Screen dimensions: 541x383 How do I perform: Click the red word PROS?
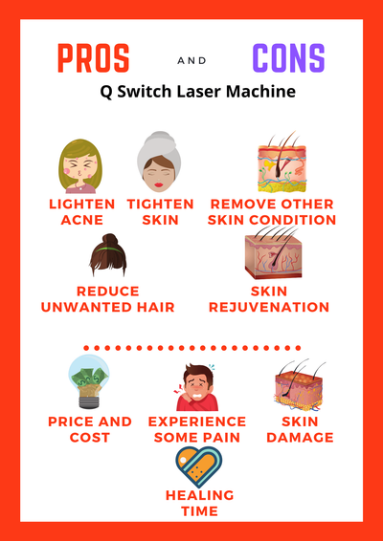click(94, 59)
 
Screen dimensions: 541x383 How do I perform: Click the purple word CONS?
click(288, 59)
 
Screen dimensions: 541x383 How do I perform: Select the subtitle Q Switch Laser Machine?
click(191, 94)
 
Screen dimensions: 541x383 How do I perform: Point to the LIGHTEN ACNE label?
click(81, 211)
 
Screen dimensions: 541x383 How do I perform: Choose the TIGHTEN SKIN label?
click(160, 211)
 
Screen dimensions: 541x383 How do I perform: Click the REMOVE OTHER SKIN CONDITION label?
click(273, 211)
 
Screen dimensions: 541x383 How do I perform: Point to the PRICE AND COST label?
click(90, 429)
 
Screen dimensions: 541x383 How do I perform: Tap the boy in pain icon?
click(195, 387)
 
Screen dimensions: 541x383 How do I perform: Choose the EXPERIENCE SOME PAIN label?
click(196, 429)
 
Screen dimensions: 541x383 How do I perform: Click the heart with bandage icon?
click(199, 467)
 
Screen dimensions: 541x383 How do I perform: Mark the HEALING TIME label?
click(199, 503)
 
